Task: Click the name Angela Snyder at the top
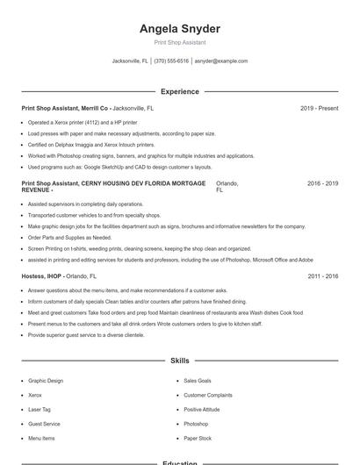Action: pyautogui.click(x=180, y=29)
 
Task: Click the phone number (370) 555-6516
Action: pyautogui.click(x=171, y=61)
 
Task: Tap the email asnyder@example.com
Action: pyautogui.click(x=221, y=61)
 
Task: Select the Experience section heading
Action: pyautogui.click(x=180, y=91)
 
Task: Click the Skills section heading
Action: pyautogui.click(x=180, y=361)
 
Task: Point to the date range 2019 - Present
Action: pyautogui.click(x=319, y=108)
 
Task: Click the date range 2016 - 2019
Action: pyautogui.click(x=322, y=184)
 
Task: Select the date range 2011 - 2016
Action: pyautogui.click(x=322, y=276)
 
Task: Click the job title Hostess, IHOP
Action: pyautogui.click(x=41, y=276)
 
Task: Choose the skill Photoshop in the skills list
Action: pyautogui.click(x=197, y=424)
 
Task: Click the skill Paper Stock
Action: pyautogui.click(x=198, y=438)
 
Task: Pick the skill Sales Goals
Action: pyautogui.click(x=198, y=381)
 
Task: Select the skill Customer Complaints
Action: pyautogui.click(x=208, y=395)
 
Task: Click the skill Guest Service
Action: pyautogui.click(x=44, y=424)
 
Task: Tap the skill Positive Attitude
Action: pyautogui.click(x=202, y=410)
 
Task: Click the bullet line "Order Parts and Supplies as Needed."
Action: pyautogui.click(x=70, y=237)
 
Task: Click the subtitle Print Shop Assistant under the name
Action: pyautogui.click(x=180, y=43)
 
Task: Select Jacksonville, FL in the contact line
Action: pyautogui.click(x=130, y=61)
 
